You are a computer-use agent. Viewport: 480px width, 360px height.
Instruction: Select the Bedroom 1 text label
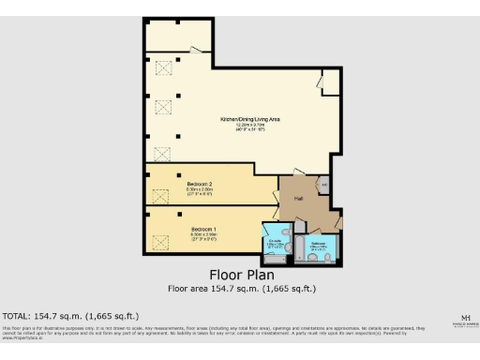203,229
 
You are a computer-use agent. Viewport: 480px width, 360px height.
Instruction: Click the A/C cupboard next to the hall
324,185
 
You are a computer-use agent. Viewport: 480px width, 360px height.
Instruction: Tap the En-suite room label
276,241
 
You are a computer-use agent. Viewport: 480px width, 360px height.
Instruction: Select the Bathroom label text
320,243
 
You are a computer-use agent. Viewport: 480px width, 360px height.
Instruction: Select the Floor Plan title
241,276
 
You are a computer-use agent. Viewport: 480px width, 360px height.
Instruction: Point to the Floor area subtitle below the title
241,289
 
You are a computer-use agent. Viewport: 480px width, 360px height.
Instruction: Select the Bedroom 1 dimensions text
203,235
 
